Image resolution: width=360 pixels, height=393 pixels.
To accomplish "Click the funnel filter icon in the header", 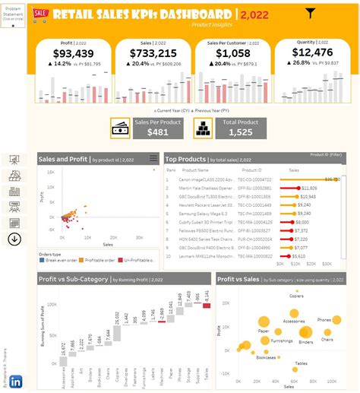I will click(x=310, y=13).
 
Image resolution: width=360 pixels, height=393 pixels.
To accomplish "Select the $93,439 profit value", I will click(x=74, y=53).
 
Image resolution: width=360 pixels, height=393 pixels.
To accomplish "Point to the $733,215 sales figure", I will click(x=153, y=53).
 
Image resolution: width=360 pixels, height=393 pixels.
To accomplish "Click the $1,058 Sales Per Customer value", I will click(x=233, y=53).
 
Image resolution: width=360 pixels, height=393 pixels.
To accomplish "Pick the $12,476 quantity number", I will click(x=312, y=52).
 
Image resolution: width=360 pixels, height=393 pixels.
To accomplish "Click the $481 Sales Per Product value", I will click(x=158, y=132).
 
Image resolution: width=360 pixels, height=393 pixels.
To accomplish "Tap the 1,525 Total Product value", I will click(x=239, y=132).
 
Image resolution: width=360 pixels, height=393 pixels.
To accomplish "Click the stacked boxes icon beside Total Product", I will click(x=202, y=128).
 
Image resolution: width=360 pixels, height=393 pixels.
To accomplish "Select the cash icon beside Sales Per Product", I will click(x=121, y=128).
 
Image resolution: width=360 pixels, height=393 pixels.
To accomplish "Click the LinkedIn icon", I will click(x=14, y=381).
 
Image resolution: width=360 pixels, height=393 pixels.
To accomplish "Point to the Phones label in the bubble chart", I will click(x=325, y=320).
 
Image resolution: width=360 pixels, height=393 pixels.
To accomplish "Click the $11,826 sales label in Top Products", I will click(x=308, y=187).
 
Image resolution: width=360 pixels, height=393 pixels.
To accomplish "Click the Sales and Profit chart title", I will click(x=64, y=159).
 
